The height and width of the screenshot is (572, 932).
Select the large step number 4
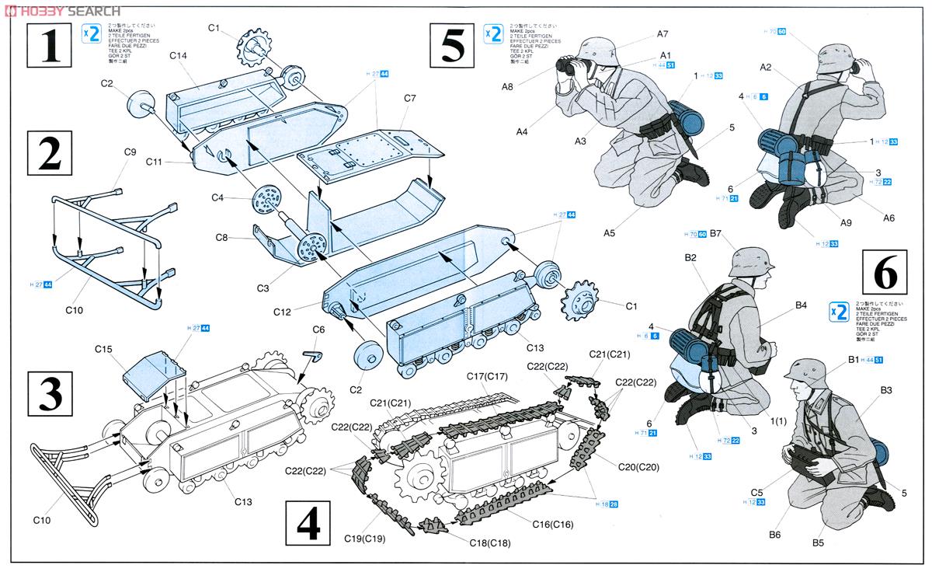coord(308,521)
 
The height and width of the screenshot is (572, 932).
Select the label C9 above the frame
coord(130,152)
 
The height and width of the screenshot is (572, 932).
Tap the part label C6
coord(318,330)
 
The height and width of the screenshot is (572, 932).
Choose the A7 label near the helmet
coord(662,33)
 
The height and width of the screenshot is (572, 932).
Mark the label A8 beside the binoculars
coord(506,87)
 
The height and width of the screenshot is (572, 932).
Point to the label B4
coord(802,305)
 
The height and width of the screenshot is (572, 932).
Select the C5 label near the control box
coord(757,491)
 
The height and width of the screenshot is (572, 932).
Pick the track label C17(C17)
coord(487,377)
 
